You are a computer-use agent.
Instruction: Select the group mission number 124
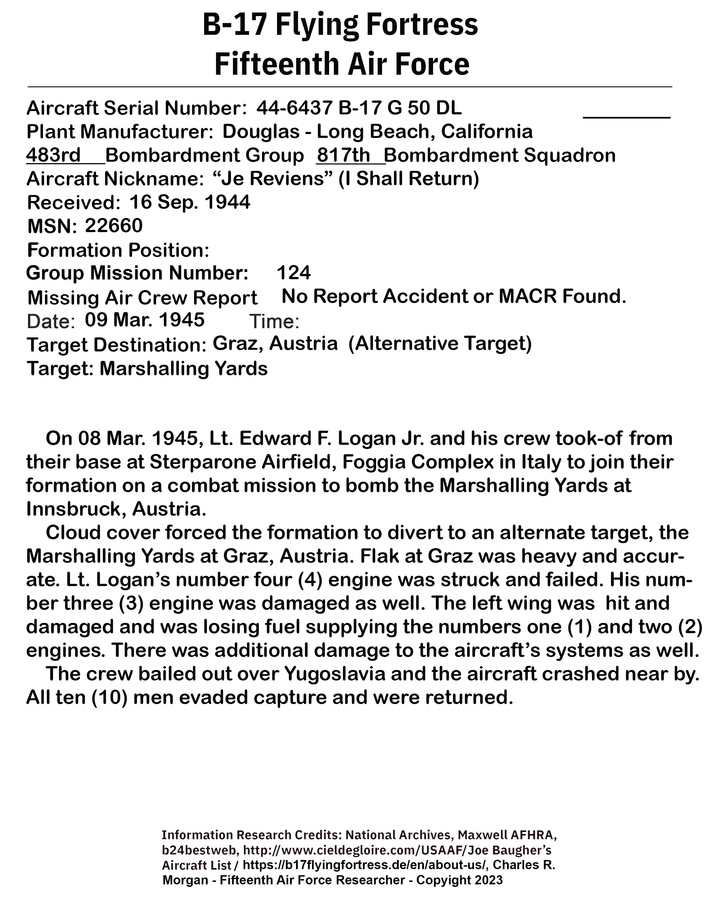(294, 273)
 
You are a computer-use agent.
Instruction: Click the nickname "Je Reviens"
(273, 179)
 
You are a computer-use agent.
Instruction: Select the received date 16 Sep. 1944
(190, 202)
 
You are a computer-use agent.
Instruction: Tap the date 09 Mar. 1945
(144, 320)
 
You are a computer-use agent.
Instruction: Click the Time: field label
(274, 321)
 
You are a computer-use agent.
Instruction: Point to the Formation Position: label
(118, 250)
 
